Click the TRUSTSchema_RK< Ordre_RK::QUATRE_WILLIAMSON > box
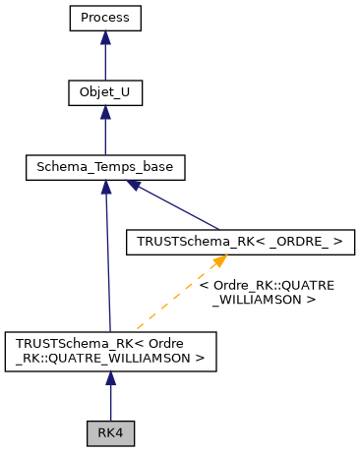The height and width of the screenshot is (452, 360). (x=110, y=352)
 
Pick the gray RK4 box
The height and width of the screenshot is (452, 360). (x=110, y=432)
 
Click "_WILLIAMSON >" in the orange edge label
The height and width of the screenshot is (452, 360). (x=263, y=299)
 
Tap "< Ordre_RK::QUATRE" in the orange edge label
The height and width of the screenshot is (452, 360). (x=267, y=285)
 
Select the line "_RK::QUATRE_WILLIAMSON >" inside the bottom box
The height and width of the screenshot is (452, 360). (x=110, y=359)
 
